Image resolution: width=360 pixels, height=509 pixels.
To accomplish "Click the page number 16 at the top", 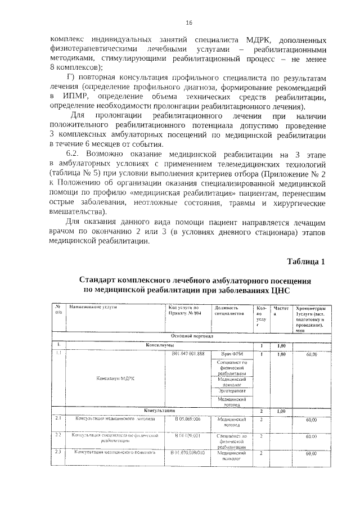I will pos(189,22).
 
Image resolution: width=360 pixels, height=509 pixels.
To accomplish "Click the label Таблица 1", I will pos(306,262).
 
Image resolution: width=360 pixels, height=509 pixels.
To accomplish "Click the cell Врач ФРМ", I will pos(231,354).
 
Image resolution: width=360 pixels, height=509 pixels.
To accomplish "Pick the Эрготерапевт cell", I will pos(231,389).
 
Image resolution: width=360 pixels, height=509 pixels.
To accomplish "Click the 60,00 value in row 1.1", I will pos(311,354).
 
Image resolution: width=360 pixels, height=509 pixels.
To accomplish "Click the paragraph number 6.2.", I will pos(75,152).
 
